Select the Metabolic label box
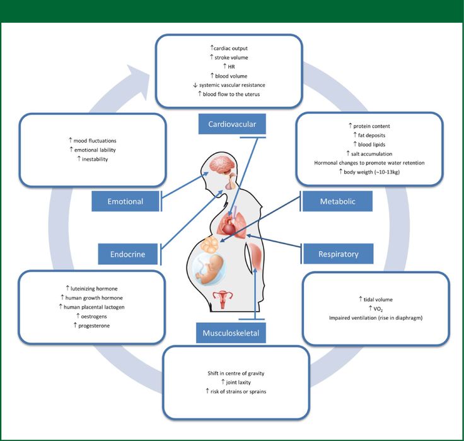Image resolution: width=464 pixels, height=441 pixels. pyautogui.click(x=337, y=202)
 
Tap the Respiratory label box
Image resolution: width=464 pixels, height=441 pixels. pyautogui.click(x=338, y=254)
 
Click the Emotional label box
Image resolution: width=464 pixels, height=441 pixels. pyautogui.click(x=125, y=202)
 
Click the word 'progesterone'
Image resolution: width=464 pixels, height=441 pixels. pyautogui.click(x=96, y=325)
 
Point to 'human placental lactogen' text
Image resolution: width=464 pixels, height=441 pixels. pyautogui.click(x=96, y=307)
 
